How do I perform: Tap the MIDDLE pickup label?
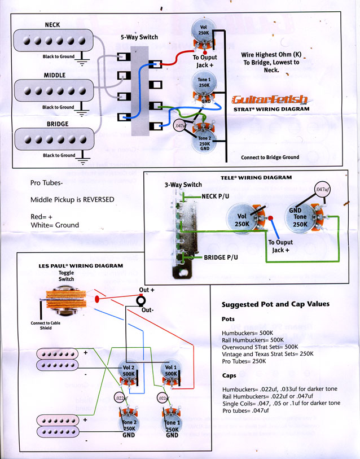(x=55, y=75)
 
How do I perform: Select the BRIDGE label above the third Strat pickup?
(x=58, y=124)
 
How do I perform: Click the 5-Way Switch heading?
(x=139, y=37)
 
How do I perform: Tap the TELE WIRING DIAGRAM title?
(x=256, y=177)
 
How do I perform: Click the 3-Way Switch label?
(x=183, y=185)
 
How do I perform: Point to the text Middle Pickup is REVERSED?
(x=73, y=199)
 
